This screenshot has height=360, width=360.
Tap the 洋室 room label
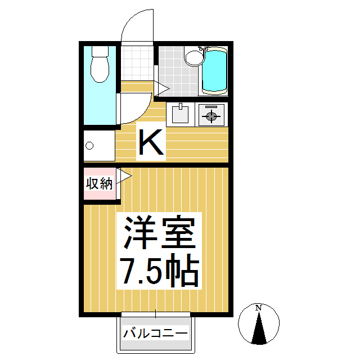coord(159,233)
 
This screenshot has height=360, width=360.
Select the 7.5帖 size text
coord(159,271)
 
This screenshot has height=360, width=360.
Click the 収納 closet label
coord(99,183)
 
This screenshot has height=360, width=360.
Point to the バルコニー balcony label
coord(155,334)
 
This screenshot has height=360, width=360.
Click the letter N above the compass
coord(259,308)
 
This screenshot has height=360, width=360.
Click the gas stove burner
coord(211,116)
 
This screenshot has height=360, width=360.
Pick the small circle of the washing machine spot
coord(89,146)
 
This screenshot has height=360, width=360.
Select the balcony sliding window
coord(155,313)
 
